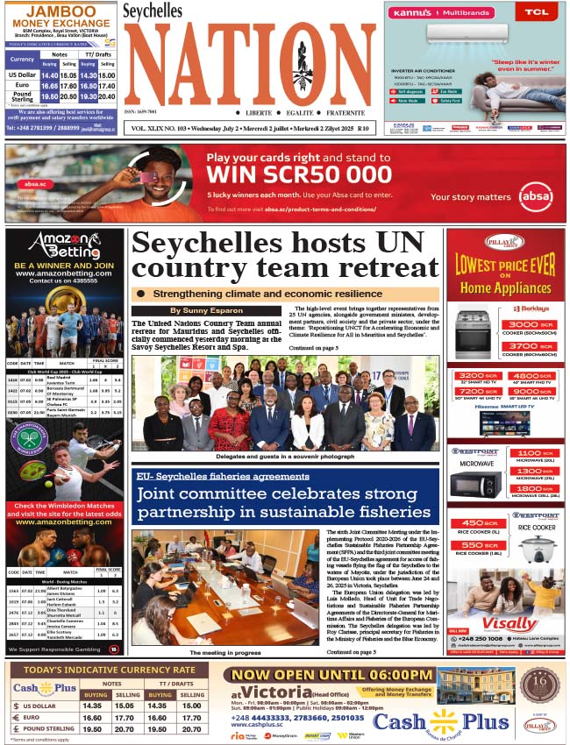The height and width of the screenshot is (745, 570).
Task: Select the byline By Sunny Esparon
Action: pos(207,310)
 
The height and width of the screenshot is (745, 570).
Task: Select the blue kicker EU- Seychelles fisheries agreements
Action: pos(221,476)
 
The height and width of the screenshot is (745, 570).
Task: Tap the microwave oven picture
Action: pos(474,484)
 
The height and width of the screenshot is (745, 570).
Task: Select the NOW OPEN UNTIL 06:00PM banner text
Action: pos(327,675)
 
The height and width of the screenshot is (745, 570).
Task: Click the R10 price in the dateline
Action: pos(363,129)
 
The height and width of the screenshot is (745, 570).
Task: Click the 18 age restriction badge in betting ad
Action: pos(114,649)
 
